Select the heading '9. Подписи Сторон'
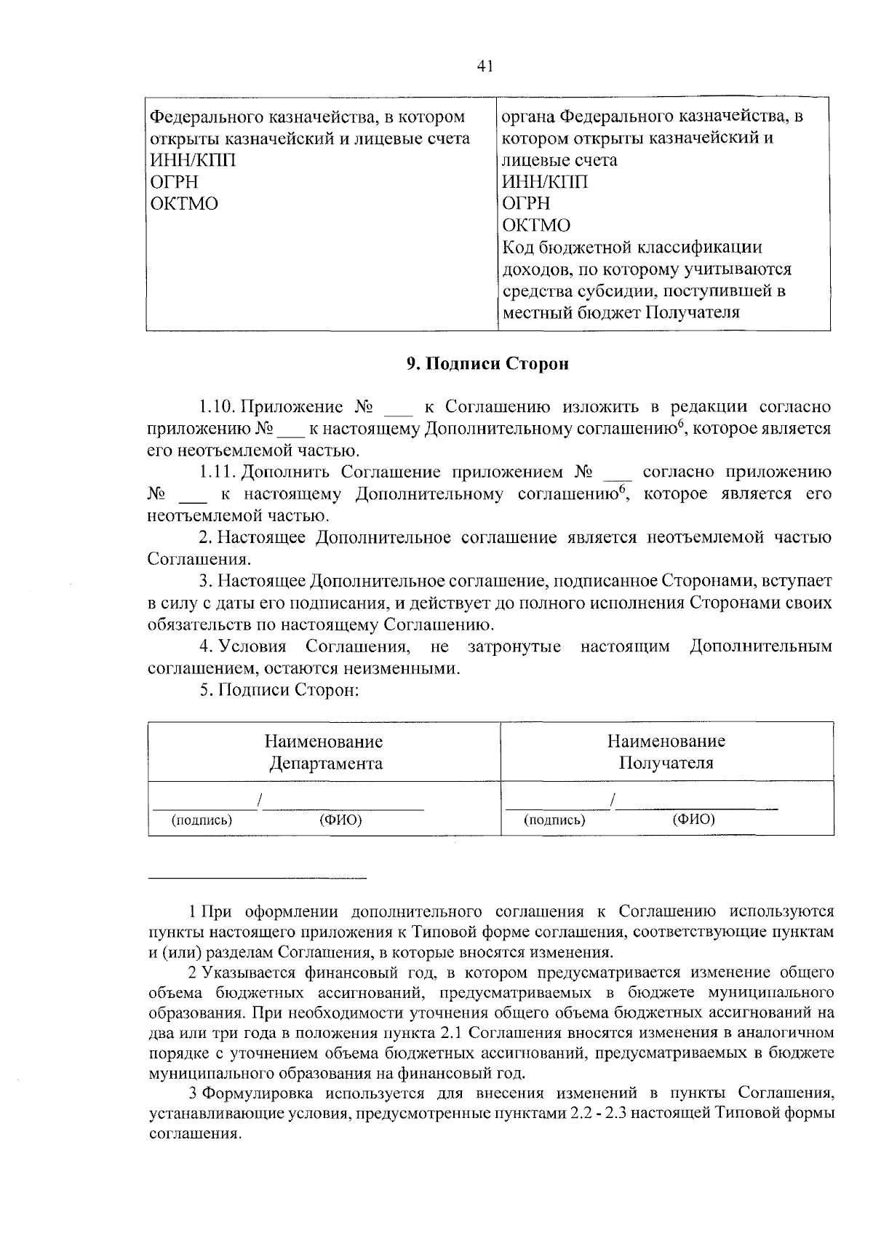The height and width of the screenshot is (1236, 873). (487, 364)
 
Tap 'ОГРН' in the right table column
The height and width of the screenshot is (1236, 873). (526, 203)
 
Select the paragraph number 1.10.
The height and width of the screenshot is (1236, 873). (216, 406)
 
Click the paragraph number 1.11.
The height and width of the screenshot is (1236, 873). (216, 472)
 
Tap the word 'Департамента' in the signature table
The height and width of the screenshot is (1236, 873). (325, 764)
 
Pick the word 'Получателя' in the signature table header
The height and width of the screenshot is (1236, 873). (666, 764)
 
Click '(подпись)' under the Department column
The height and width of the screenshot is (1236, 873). (202, 820)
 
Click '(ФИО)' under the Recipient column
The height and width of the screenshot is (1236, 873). (693, 820)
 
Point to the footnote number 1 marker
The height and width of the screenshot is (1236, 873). (193, 911)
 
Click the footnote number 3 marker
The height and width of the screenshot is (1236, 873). (193, 1093)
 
